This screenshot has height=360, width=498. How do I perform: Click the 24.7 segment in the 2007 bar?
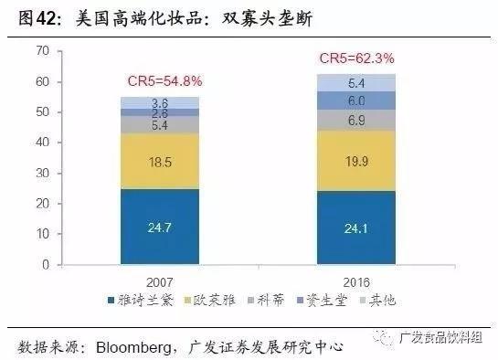160,228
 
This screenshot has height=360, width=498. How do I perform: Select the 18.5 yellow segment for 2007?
160,162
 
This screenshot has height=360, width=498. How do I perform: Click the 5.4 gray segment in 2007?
160,125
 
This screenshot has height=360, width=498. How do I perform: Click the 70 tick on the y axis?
41,51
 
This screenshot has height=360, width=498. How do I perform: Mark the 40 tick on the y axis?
41,143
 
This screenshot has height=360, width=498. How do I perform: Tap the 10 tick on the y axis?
41,234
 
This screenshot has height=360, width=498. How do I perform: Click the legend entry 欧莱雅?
213,299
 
